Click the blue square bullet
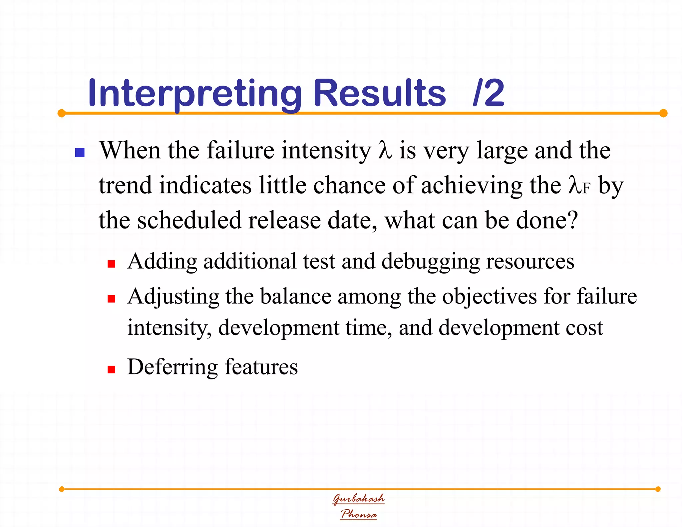click(80, 153)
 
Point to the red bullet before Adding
click(112, 264)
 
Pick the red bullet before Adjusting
click(112, 299)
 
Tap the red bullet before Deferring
click(112, 369)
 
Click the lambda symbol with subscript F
click(579, 186)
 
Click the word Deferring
click(172, 367)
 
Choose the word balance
click(296, 296)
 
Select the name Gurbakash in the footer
click(359, 499)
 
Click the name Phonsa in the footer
click(359, 514)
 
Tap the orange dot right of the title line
click(663, 113)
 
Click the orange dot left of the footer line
click(62, 489)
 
